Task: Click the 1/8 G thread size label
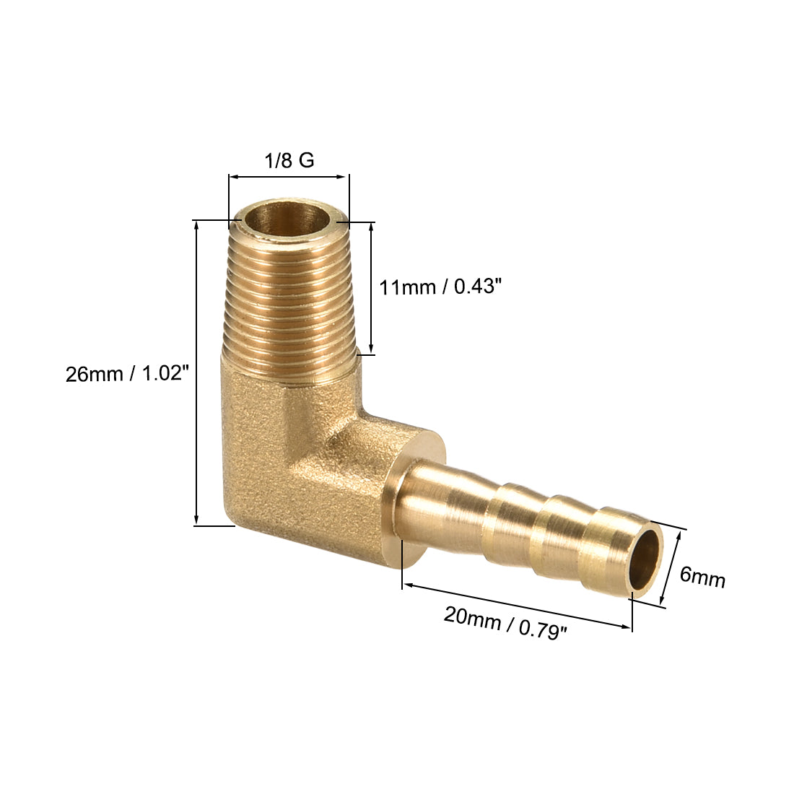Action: (x=289, y=160)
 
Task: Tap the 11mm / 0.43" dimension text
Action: (x=440, y=287)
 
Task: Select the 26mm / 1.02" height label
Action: (x=127, y=374)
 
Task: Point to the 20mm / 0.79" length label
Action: (x=505, y=624)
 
